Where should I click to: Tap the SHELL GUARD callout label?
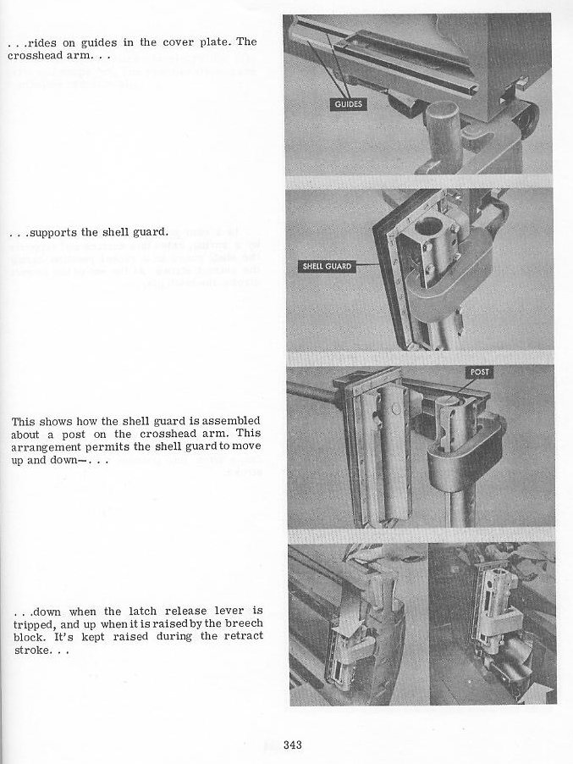pyautogui.click(x=328, y=267)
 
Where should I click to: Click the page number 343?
pyautogui.click(x=293, y=745)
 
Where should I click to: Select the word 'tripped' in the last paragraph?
pyautogui.click(x=33, y=623)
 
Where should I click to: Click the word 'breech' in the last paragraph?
pyautogui.click(x=244, y=623)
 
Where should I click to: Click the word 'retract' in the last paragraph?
pyautogui.click(x=242, y=636)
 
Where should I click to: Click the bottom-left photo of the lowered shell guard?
pyautogui.click(x=356, y=624)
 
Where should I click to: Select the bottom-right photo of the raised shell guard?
pyautogui.click(x=493, y=624)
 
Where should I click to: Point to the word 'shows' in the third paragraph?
pyautogui.click(x=55, y=421)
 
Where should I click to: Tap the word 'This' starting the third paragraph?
pyautogui.click(x=23, y=421)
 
